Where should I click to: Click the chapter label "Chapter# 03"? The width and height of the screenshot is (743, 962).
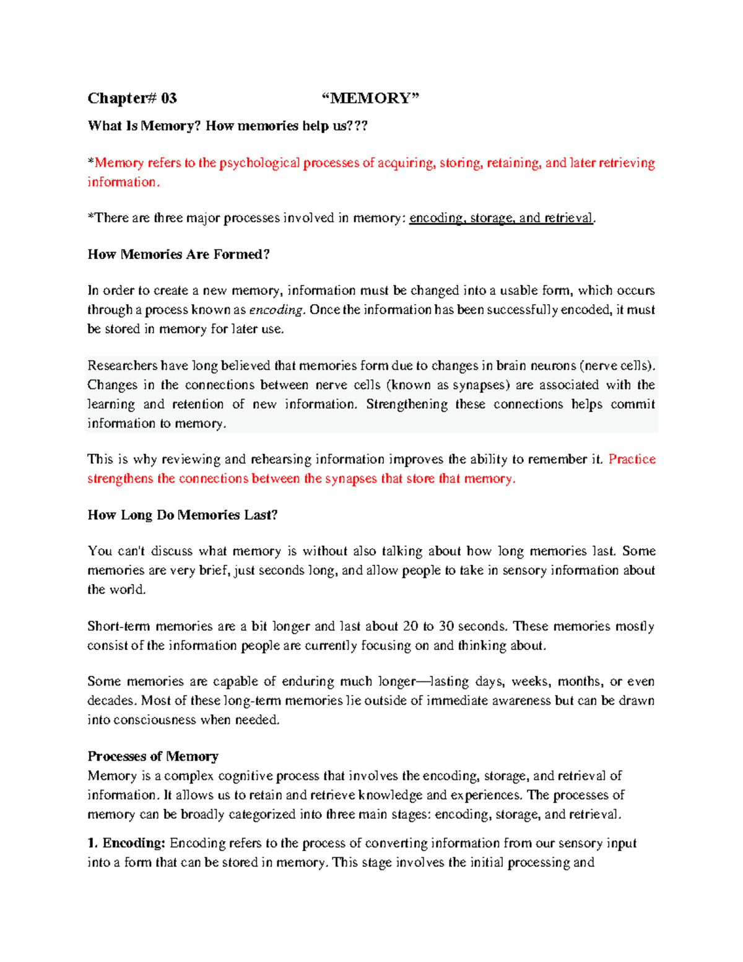click(x=132, y=98)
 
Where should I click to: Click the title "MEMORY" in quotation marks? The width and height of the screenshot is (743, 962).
click(x=370, y=98)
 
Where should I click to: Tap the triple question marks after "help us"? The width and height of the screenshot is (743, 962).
click(x=358, y=126)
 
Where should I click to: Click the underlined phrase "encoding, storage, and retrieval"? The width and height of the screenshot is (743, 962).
click(x=501, y=218)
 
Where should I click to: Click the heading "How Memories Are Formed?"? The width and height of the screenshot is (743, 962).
click(x=178, y=255)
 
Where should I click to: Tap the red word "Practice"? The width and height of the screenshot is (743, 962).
click(x=632, y=459)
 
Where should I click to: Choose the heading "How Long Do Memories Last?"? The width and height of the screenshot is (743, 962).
click(x=182, y=515)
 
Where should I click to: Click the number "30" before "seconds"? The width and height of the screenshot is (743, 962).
click(x=446, y=626)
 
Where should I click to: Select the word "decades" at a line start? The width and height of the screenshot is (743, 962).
click(x=110, y=701)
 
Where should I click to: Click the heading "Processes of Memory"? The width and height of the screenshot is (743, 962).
click(x=152, y=756)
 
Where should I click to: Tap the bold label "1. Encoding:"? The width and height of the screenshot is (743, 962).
click(x=126, y=843)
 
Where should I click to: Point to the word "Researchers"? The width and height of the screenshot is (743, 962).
click(x=123, y=365)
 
